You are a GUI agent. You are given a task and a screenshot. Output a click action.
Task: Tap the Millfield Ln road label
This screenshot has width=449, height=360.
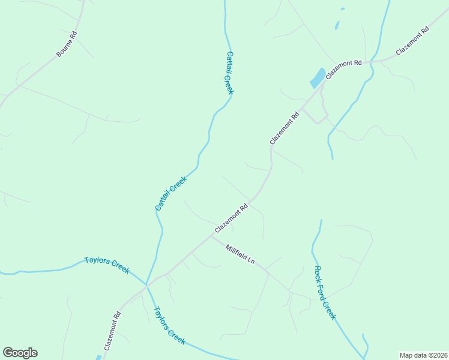coord(241,254)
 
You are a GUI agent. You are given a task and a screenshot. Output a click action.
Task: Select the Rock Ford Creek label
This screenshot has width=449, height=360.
coord(325,293)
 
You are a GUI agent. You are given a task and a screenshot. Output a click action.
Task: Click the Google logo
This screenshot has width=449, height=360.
coord(20,353)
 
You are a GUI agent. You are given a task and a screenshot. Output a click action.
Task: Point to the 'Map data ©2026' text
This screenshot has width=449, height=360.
coord(423,355)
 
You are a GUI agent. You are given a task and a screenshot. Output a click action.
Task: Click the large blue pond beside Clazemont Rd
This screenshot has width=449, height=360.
coord(317,79)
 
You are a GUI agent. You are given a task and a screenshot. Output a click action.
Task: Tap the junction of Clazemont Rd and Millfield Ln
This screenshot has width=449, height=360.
coord(209,235)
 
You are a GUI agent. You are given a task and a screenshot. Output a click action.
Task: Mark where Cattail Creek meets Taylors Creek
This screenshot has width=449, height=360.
coord(148,285)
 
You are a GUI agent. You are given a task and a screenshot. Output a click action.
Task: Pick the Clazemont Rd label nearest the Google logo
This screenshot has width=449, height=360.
coord(112,331)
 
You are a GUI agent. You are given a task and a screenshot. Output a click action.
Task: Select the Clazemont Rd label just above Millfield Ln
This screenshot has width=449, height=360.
coord(232,220)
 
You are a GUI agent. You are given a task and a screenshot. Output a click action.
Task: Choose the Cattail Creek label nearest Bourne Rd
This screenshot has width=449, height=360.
coord(229,73)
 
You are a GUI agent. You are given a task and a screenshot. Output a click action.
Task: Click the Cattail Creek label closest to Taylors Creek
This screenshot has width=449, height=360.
coord(172,193)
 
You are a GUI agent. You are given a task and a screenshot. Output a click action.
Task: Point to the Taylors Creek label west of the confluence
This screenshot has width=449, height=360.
coord(107,265)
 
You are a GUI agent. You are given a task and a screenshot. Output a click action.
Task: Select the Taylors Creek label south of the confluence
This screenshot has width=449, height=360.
coord(169,325)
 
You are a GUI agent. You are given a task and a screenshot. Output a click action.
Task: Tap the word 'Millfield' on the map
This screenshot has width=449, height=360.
coord(236,251)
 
